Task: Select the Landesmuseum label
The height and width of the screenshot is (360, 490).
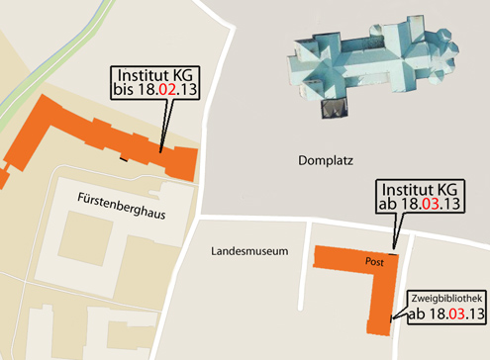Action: point(248,252)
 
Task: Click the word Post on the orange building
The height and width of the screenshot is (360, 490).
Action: point(374,262)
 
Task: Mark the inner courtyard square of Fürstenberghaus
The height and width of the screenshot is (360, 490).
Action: point(82,238)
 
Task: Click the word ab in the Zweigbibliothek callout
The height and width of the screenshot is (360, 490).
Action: point(418,315)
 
